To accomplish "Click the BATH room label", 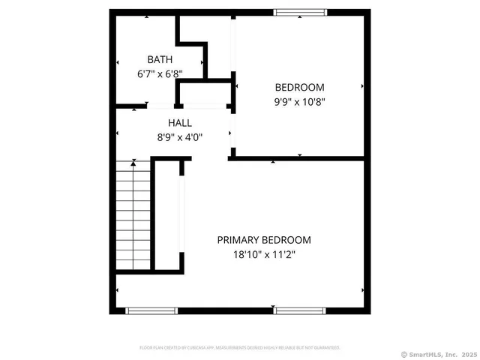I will pyautogui.click(x=159, y=59).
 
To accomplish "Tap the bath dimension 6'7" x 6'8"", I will pyautogui.click(x=160, y=74).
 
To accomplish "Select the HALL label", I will pyautogui.click(x=179, y=123).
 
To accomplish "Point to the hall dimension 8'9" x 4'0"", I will pyautogui.click(x=180, y=137).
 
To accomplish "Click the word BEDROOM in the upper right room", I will pyautogui.click(x=299, y=87).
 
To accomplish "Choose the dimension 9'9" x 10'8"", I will pyautogui.click(x=299, y=101).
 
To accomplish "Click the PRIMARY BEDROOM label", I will pyautogui.click(x=264, y=240).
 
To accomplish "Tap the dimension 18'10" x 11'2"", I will pyautogui.click(x=264, y=255).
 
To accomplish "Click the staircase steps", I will pyautogui.click(x=133, y=217).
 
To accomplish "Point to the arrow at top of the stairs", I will pyautogui.click(x=133, y=161).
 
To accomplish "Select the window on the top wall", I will pyautogui.click(x=300, y=12).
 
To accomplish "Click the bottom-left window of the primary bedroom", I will pyautogui.click(x=151, y=310).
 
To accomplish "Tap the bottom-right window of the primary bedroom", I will pyautogui.click(x=299, y=310).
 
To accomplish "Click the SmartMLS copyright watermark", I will pyautogui.click(x=439, y=354).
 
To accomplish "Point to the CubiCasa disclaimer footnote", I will pyautogui.click(x=240, y=347).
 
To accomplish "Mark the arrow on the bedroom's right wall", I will pyautogui.click(x=363, y=87).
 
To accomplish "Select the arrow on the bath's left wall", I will pyautogui.click(x=118, y=61).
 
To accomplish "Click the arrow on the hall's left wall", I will pyautogui.click(x=118, y=134).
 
